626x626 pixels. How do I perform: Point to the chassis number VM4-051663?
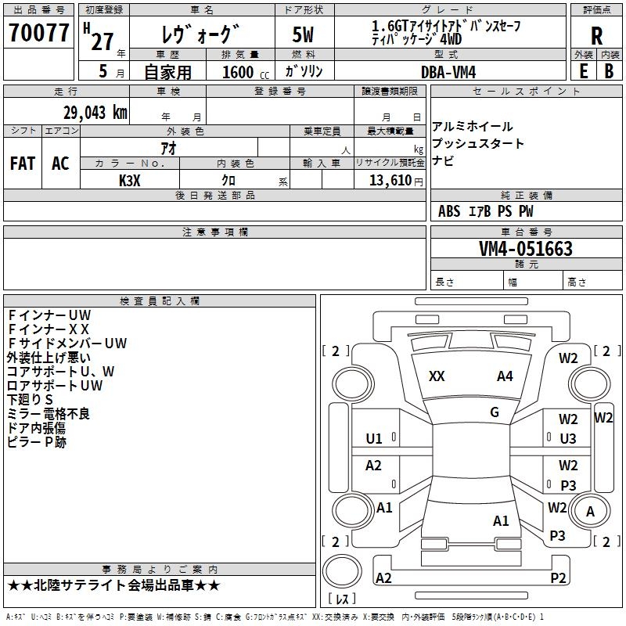point(525,249)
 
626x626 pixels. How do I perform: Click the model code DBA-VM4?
point(448,72)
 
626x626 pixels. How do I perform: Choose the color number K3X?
point(130,181)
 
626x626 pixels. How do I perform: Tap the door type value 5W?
point(304,34)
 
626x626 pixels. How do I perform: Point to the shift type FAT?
point(23,164)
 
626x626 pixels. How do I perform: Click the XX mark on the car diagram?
point(437,376)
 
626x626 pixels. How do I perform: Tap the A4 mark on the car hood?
point(505,376)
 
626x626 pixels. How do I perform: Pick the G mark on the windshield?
point(494,412)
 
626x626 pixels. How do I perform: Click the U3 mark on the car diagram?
point(568,439)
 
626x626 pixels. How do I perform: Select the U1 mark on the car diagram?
point(374,438)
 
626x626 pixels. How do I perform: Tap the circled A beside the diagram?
point(591,512)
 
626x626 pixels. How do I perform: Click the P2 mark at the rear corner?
point(558,578)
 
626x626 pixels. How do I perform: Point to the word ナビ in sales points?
point(443,161)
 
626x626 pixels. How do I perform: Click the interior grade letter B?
point(609,71)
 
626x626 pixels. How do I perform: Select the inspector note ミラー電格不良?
point(49,414)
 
